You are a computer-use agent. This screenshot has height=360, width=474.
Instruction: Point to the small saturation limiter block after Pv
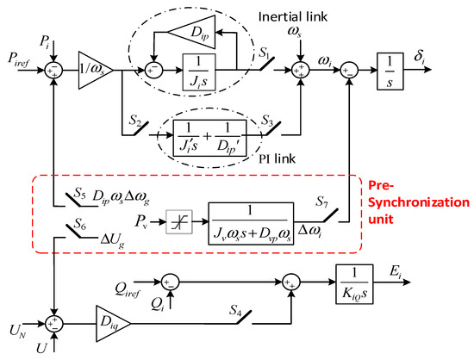pyautogui.click(x=175, y=224)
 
